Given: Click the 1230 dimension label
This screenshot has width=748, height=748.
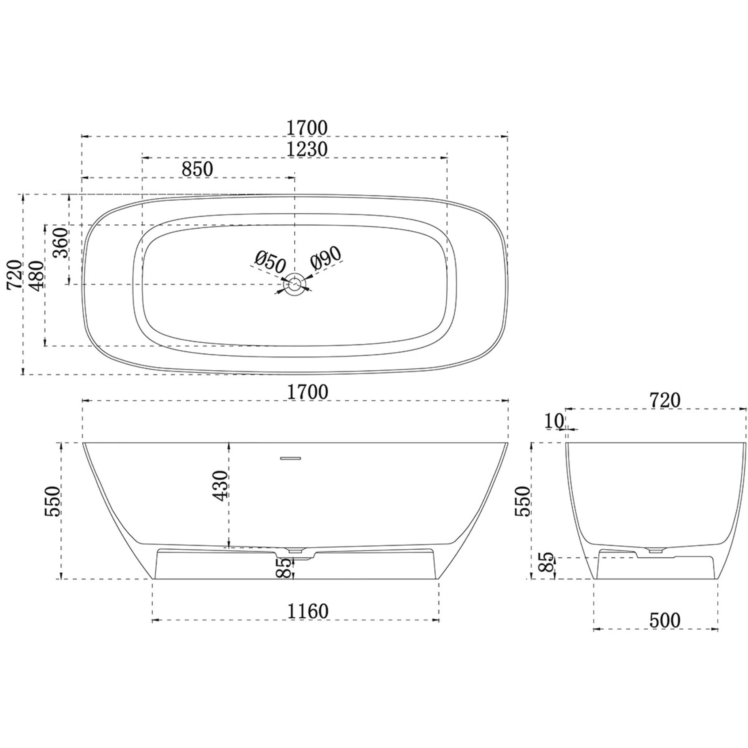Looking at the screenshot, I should click(x=307, y=149).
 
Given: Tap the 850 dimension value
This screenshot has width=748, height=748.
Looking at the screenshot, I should click(x=198, y=169).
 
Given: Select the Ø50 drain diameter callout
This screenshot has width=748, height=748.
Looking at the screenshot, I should click(x=270, y=262).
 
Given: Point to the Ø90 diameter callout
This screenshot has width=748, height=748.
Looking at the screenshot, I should click(x=326, y=258).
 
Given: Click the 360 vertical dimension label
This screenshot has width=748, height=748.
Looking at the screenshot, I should click(x=61, y=243).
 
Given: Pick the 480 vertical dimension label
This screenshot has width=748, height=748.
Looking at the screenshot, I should click(x=37, y=276).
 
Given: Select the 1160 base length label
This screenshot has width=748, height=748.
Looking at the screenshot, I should click(x=308, y=611).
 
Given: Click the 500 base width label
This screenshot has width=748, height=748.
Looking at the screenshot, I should click(x=665, y=621).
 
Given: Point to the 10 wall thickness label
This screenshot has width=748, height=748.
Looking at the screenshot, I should click(x=554, y=421).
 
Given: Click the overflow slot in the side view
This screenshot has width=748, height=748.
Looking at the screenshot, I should click(x=290, y=458).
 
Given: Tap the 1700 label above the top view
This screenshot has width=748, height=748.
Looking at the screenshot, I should click(x=307, y=129).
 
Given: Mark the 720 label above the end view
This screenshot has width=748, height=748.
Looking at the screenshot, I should click(x=665, y=401).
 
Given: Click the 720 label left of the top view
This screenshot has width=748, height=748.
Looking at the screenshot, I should click(x=15, y=275).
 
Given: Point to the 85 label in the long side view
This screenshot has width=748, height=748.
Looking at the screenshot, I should click(x=286, y=568).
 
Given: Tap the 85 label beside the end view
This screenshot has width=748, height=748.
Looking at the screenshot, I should click(x=547, y=562).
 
